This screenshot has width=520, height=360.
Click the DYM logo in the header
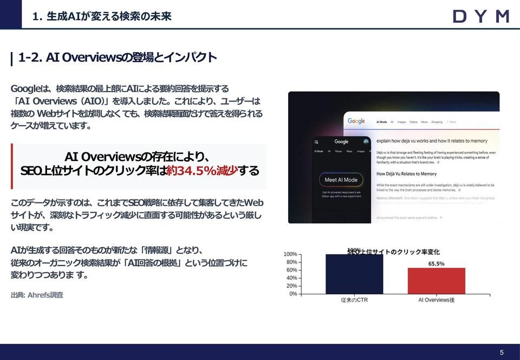click(x=480, y=16)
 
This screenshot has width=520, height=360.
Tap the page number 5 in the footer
click(x=502, y=352)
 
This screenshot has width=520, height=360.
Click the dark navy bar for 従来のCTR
click(x=354, y=274)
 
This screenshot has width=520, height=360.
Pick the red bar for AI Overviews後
click(x=436, y=281)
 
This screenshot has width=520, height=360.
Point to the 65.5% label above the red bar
click(x=436, y=264)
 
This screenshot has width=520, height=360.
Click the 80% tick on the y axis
click(x=290, y=262)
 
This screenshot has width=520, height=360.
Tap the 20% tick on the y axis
click(x=290, y=286)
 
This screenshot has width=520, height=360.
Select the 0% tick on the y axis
click(x=292, y=294)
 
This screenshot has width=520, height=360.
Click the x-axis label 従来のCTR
click(x=354, y=300)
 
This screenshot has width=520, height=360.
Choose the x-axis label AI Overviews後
click(x=436, y=300)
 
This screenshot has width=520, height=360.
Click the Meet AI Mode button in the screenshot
click(x=341, y=180)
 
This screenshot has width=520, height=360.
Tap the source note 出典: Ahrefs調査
click(x=37, y=295)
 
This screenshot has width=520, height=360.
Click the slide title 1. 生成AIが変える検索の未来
click(x=102, y=16)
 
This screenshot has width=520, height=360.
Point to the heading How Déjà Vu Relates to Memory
click(x=406, y=174)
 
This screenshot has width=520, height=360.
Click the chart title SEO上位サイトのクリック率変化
click(x=393, y=252)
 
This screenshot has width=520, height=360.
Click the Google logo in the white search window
click(x=356, y=121)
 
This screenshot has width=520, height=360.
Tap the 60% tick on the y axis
click(x=290, y=270)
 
